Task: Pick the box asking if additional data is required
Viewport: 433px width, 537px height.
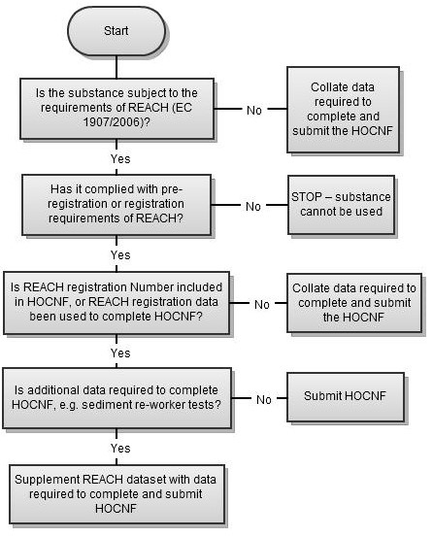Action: [x=121, y=398]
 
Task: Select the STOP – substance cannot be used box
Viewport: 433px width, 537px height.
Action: [x=340, y=205]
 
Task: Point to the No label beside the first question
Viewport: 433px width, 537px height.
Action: [x=253, y=110]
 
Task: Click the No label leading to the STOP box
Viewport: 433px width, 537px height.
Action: [x=253, y=206]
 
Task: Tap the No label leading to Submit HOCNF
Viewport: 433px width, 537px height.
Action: [x=262, y=399]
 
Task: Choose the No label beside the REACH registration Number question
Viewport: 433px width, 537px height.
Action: [x=262, y=304]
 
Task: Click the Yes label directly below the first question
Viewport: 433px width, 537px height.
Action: [x=120, y=158]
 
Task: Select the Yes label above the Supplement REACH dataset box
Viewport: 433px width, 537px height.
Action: [x=120, y=449]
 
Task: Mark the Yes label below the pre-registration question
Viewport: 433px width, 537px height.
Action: [x=120, y=254]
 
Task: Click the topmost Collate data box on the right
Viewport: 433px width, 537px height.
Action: [x=342, y=110]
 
